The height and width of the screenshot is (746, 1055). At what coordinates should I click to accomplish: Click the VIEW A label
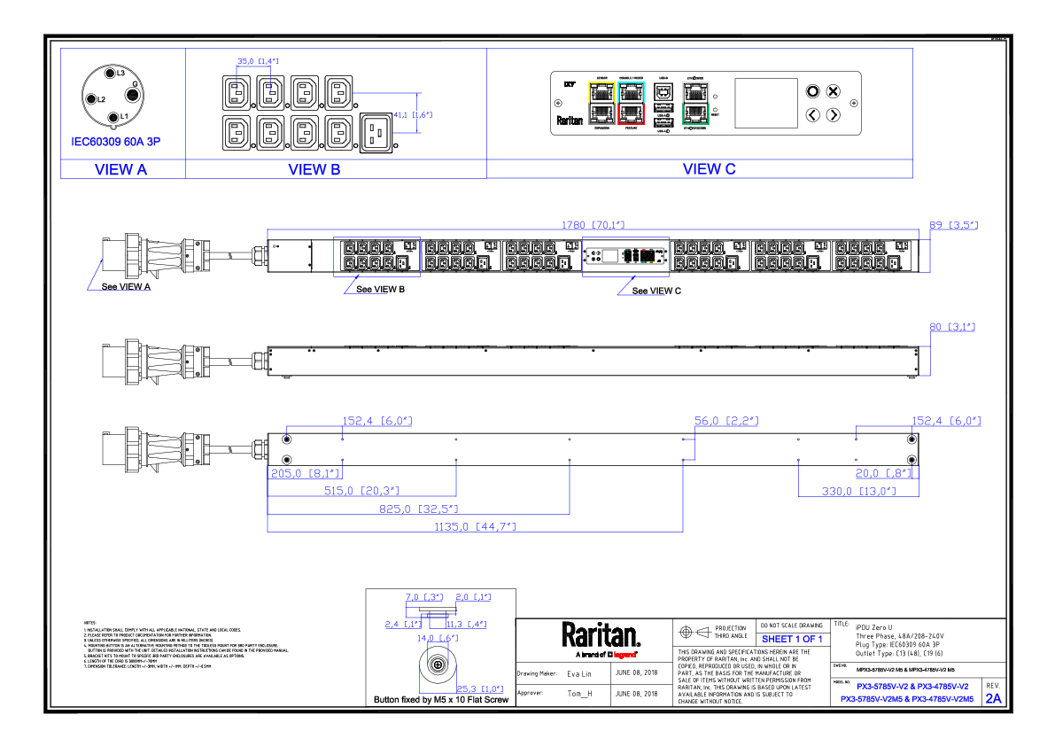click(120, 169)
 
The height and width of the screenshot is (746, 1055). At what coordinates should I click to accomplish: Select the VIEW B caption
click(314, 169)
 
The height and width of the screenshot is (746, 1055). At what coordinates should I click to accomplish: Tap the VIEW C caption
click(709, 168)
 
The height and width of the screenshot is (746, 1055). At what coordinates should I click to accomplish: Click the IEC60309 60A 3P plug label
click(116, 142)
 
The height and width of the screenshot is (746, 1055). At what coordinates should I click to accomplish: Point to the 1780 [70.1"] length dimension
click(593, 226)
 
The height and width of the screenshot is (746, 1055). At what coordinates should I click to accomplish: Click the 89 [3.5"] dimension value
click(953, 225)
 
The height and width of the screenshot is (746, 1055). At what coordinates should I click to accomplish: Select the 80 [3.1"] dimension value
click(951, 327)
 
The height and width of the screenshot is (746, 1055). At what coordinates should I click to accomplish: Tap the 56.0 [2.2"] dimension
click(726, 421)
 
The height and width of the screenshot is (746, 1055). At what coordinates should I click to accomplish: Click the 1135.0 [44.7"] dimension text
click(472, 526)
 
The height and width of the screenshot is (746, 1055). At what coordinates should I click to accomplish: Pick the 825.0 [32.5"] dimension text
click(418, 509)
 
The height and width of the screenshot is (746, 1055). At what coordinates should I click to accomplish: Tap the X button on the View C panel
click(834, 91)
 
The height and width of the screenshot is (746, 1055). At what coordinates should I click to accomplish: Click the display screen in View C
click(767, 103)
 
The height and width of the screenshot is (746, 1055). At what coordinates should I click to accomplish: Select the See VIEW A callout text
click(127, 287)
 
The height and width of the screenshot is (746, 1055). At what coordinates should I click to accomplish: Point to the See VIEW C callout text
click(656, 291)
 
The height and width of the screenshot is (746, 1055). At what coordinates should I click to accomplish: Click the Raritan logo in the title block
click(601, 635)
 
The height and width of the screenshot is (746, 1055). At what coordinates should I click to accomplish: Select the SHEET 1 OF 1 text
click(792, 639)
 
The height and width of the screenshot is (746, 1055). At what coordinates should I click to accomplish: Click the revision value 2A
click(993, 698)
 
